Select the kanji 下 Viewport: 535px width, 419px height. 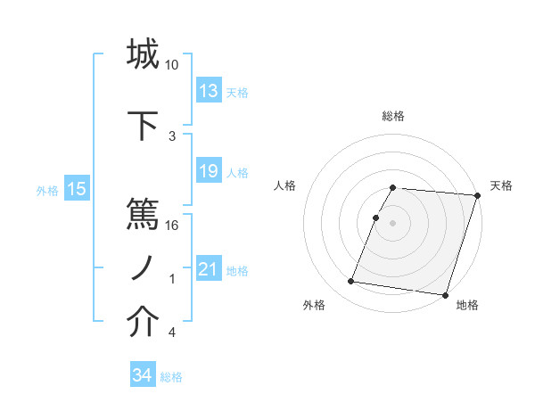(144, 122)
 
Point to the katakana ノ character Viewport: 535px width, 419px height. (144, 267)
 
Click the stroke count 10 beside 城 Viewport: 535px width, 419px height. (172, 65)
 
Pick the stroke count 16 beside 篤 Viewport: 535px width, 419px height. (172, 225)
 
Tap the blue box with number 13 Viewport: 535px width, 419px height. (209, 91)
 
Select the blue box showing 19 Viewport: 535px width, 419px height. (209, 171)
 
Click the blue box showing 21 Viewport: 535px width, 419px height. (209, 268)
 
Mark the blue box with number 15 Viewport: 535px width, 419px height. (77, 188)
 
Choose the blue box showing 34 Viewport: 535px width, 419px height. (143, 375)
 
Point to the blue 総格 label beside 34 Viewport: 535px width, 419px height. (171, 377)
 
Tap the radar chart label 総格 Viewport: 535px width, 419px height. (393, 116)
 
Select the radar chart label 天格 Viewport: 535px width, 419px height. (501, 185)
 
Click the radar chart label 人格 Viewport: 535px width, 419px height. (285, 185)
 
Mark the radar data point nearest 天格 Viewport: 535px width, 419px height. (477, 195)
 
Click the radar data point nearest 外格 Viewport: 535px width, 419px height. (350, 282)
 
